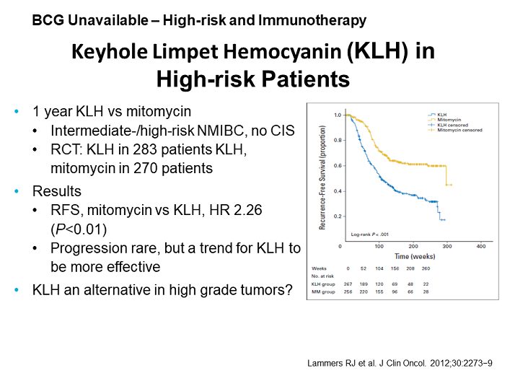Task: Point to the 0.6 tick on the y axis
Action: pyautogui.click(x=338, y=165)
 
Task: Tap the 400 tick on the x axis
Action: pyautogui.click(x=481, y=247)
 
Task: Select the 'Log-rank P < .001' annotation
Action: pyautogui.click(x=370, y=234)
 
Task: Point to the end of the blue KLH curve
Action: pyautogui.click(x=444, y=219)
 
